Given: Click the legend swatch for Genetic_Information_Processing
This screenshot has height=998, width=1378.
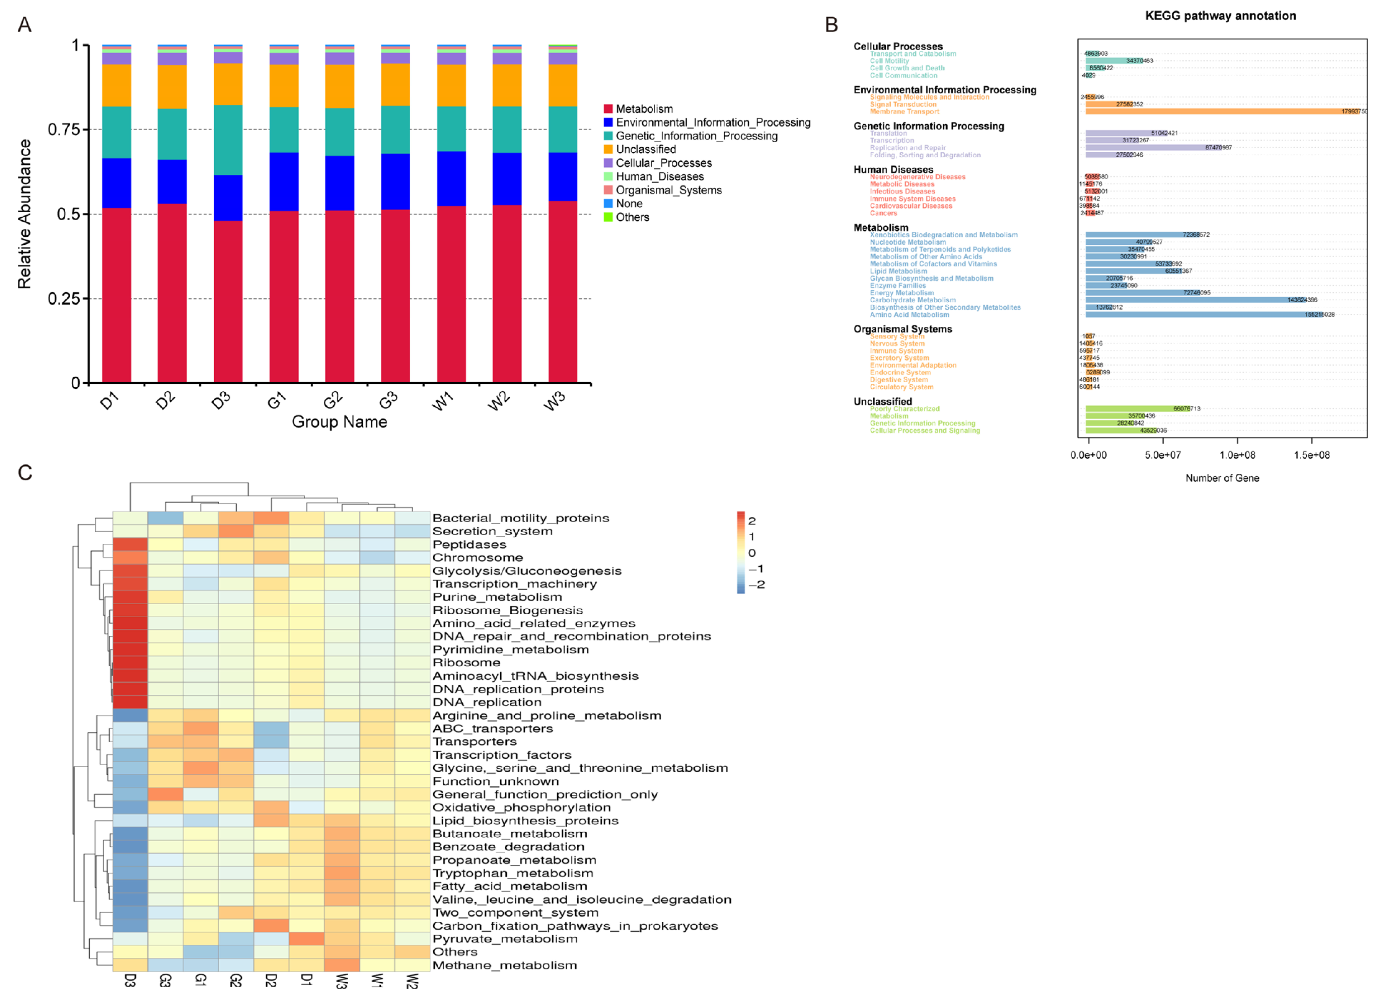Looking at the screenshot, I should pos(607,136).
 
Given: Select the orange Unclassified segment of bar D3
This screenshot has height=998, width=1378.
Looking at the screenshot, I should pos(228,84).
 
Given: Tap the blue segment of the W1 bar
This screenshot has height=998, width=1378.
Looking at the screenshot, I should pos(451,178).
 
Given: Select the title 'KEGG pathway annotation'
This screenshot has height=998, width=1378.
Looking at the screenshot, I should pos(1220,16).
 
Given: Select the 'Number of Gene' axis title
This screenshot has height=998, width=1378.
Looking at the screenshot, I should pos(1222,478).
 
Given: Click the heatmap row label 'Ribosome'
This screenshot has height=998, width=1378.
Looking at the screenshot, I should pos(466,663).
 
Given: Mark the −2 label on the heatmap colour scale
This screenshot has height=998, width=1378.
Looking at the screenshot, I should pos(756,584).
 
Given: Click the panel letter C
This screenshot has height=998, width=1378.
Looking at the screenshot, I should pos(25,473).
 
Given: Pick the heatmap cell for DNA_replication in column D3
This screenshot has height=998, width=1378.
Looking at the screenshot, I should pos(130,702).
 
